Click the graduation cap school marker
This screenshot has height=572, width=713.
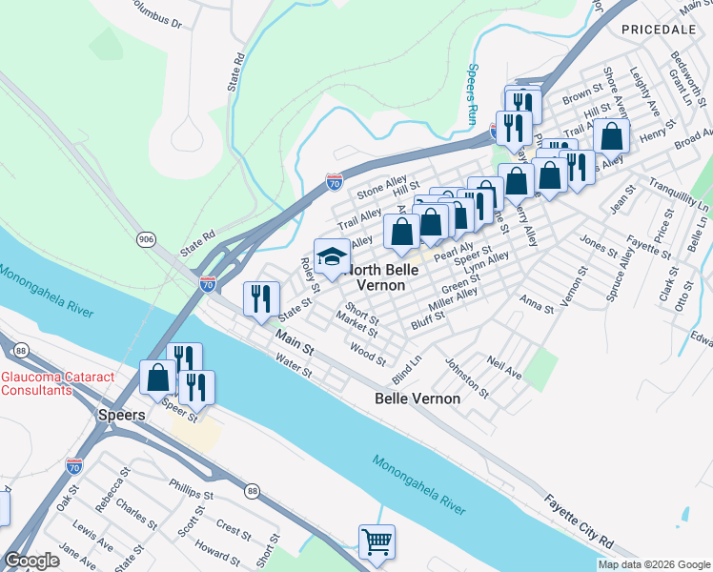point(332,257)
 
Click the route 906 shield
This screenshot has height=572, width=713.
point(146,238)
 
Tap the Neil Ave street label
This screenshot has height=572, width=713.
point(504,369)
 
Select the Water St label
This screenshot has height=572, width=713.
point(293,366)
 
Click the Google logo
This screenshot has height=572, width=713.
point(31,561)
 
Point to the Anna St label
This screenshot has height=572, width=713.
point(537,304)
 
